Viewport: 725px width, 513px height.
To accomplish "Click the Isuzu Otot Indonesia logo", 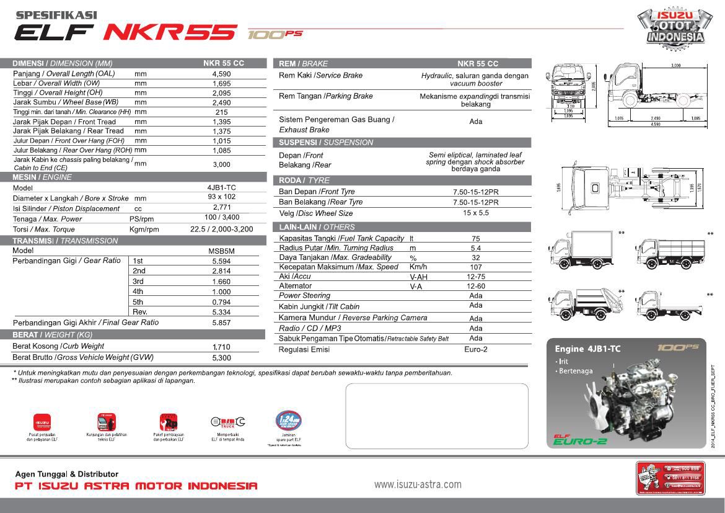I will [675, 27].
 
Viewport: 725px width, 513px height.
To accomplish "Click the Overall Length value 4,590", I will [221, 73].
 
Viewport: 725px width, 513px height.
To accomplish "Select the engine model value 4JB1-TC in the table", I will [221, 187].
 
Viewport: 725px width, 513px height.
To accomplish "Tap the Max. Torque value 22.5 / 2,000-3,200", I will [221, 229].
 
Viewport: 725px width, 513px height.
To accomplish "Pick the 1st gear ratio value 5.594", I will [221, 261].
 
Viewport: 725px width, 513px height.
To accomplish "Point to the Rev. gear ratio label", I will [140, 311].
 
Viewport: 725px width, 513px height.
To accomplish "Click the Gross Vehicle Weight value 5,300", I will [221, 357].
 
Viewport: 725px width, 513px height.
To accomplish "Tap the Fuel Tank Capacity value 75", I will [475, 238].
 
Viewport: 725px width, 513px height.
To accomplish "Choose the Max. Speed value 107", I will [475, 267].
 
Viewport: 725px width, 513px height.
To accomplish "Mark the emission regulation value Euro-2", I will [475, 349].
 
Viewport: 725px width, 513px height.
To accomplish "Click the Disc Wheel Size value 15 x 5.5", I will [475, 213].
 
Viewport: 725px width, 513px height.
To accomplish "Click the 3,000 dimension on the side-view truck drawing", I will [675, 65].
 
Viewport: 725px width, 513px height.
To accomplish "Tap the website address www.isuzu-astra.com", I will [418, 484].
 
